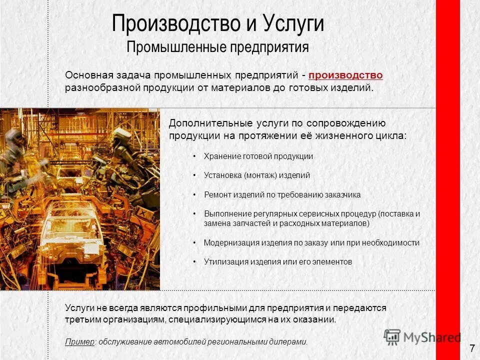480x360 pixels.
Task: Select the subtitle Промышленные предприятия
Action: pos(217,47)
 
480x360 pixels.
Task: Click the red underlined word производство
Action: pos(346,75)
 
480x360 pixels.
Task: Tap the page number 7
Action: pos(472,348)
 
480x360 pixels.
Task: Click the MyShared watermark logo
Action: pos(422,336)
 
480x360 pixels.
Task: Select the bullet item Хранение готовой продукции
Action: pos(258,156)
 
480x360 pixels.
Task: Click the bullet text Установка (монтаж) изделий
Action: pos(257,175)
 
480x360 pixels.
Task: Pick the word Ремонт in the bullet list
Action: pos(217,195)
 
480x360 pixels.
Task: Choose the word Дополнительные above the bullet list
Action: pos(202,123)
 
